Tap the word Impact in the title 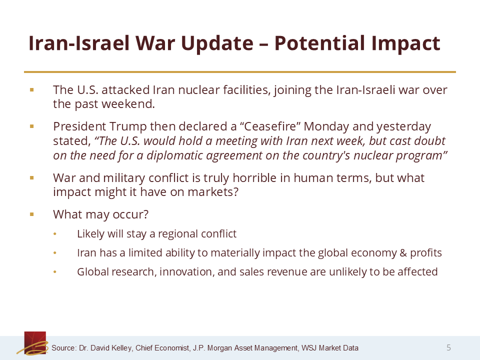(406, 43)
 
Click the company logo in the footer (33, 343)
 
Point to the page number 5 (449, 347)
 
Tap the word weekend (128, 104)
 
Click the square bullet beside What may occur (32, 214)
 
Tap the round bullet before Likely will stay (55, 234)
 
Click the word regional (177, 234)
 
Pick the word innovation (186, 272)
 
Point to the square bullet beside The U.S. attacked (32, 89)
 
